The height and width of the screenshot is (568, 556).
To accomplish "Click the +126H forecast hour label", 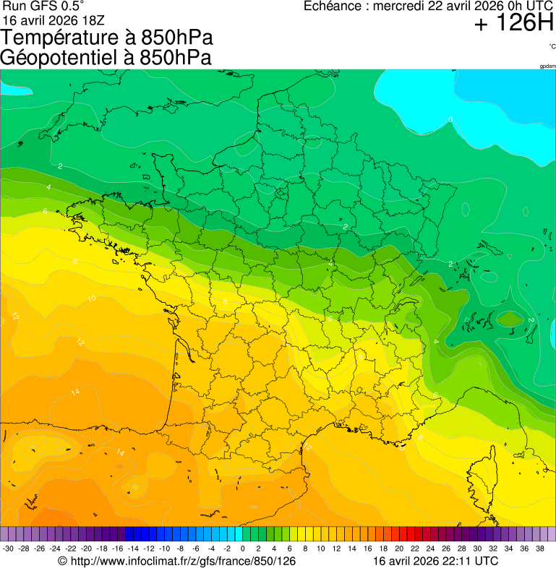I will (x=513, y=24).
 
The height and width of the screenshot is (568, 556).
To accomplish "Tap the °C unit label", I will (x=552, y=46).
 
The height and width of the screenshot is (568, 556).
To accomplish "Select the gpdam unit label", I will (x=547, y=66).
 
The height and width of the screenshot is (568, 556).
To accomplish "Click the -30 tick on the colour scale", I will (x=9, y=548).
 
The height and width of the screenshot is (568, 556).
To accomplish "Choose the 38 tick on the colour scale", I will (x=539, y=548).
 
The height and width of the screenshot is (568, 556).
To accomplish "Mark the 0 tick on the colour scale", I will (x=243, y=548).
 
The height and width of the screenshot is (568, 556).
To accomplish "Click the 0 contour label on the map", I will (x=450, y=119).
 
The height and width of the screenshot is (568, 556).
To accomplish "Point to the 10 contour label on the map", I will (x=92, y=298).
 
